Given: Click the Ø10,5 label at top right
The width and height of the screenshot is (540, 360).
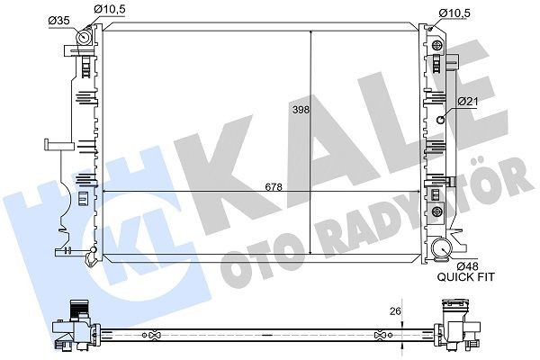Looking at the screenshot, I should point(454,11).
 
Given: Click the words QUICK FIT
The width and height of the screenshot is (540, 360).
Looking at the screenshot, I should point(466,277).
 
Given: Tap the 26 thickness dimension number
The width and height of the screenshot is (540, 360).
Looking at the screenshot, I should point(392,312).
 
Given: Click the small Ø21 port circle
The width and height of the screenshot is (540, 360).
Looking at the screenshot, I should point(441,119).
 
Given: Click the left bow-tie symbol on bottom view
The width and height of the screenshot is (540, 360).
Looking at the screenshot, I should point(155,336).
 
